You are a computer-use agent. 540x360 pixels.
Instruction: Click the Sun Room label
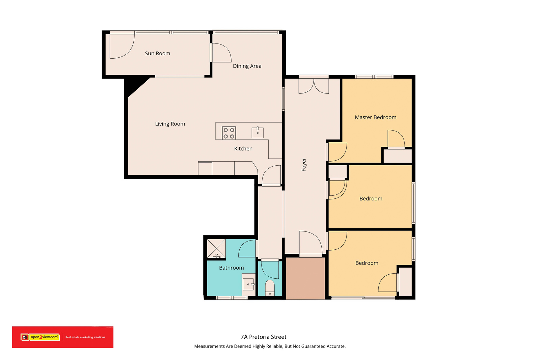click(x=157, y=54)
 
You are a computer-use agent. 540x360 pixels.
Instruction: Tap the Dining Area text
click(x=247, y=66)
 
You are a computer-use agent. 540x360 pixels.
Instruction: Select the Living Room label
click(x=170, y=124)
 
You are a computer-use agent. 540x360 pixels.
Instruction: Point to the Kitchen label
click(x=243, y=149)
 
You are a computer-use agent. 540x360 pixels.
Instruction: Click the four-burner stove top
click(x=229, y=133)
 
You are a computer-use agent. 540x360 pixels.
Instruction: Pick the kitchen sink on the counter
click(x=258, y=133)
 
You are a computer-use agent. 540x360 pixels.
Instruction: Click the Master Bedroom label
click(x=376, y=117)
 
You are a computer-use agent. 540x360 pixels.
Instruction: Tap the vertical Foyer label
click(x=304, y=165)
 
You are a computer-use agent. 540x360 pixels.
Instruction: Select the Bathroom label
click(x=232, y=268)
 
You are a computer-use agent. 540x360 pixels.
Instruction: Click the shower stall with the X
click(x=216, y=248)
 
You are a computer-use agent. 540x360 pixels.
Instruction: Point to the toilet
click(x=270, y=288)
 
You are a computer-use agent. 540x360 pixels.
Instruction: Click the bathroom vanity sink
click(x=249, y=284)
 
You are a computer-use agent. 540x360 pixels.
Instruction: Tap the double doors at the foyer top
click(x=314, y=86)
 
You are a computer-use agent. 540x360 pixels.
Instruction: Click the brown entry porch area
click(x=305, y=279)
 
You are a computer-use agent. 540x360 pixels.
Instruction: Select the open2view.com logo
click(x=40, y=337)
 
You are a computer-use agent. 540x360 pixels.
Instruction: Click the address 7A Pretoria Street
click(x=264, y=337)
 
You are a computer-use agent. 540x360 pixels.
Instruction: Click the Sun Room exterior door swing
click(x=122, y=46)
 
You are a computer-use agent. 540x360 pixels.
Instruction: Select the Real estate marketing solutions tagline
click(x=85, y=337)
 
